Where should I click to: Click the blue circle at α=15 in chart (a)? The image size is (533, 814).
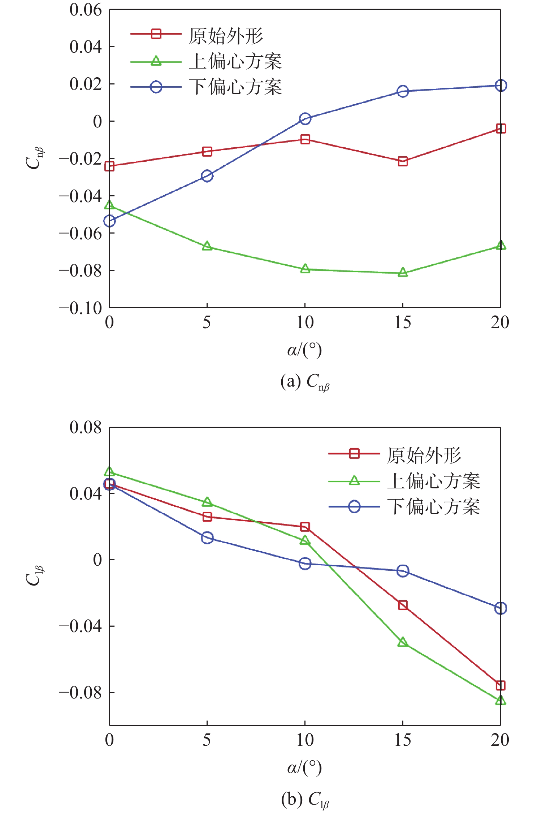403,91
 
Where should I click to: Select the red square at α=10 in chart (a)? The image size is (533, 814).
305,139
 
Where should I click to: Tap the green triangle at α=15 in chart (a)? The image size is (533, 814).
403,273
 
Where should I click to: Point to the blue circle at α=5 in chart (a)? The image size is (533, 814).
207,176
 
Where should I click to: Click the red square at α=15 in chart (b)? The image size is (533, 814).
403,605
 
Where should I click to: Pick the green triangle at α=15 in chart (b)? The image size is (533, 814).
403,642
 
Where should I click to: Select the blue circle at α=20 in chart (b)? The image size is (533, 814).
500,608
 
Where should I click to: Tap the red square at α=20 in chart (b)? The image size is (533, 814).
500,685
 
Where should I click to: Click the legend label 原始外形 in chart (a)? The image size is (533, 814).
226,36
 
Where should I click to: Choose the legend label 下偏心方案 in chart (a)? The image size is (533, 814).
235,87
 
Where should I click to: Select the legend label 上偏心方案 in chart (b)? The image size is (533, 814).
433,481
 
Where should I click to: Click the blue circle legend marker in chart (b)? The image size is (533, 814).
354,506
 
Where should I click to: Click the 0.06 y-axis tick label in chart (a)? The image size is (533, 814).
86,10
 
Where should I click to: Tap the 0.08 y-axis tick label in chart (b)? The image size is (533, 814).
86,427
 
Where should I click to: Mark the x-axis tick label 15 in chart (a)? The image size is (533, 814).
403,322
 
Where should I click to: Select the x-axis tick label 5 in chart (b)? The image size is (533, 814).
207,740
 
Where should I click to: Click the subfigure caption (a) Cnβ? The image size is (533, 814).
305,382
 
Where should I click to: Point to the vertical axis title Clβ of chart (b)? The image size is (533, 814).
34,575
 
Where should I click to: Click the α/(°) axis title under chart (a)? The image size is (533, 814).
304,350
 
